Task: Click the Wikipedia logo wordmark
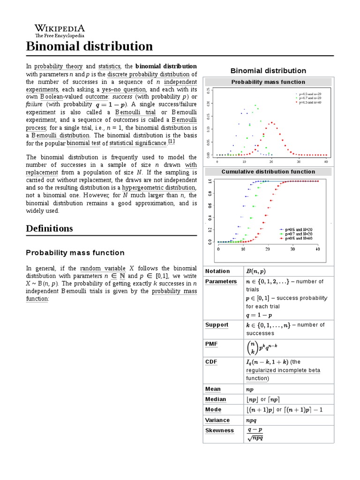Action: tap(60, 28)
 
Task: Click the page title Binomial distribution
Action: tap(89, 46)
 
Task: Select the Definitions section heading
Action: tap(50, 228)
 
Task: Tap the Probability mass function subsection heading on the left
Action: tap(75, 253)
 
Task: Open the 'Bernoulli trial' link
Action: tap(137, 112)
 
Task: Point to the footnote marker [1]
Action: tap(171, 142)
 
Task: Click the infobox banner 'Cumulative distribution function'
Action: tap(268, 172)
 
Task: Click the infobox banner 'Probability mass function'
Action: tap(268, 82)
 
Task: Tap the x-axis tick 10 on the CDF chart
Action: tap(243, 249)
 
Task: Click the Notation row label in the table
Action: tap(217, 271)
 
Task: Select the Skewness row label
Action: tap(219, 430)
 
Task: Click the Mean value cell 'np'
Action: tap(249, 389)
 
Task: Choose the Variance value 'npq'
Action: tap(251, 420)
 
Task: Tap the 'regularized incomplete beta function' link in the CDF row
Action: tap(283, 374)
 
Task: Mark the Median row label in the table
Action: tap(216, 399)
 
